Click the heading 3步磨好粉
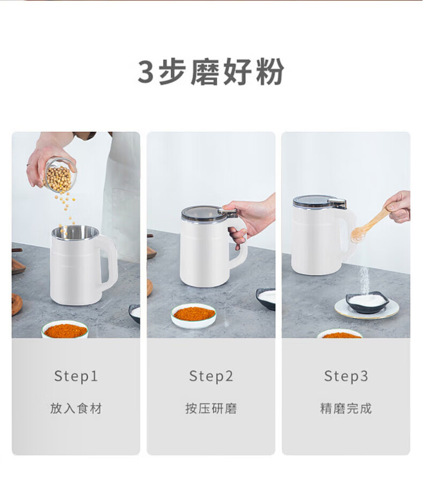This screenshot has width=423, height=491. [x=211, y=72]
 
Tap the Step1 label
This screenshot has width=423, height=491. [x=76, y=376]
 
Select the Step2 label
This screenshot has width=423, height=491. [x=211, y=376]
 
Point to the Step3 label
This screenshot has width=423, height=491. [x=346, y=376]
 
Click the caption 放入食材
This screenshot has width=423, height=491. [x=76, y=409]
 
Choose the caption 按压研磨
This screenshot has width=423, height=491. [x=211, y=409]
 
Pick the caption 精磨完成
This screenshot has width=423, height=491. [x=346, y=409]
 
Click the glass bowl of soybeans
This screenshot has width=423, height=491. [x=60, y=176]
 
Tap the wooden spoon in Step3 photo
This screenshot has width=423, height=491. [x=371, y=224]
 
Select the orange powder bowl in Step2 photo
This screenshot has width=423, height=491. [x=193, y=316]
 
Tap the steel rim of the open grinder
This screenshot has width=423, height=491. [x=75, y=233]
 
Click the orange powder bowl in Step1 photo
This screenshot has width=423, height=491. [x=65, y=329]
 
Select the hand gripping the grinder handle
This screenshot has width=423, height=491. [x=249, y=219]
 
